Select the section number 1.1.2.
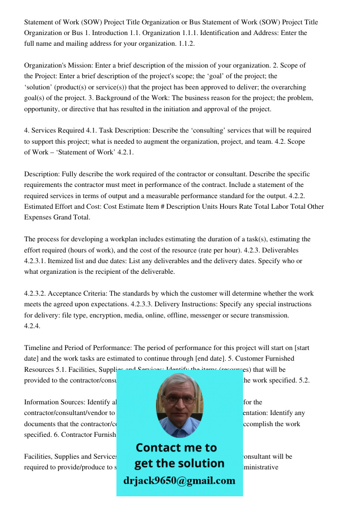[187, 44]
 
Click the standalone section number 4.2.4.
[33, 326]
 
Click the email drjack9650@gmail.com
[179, 481]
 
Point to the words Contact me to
[176, 448]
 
